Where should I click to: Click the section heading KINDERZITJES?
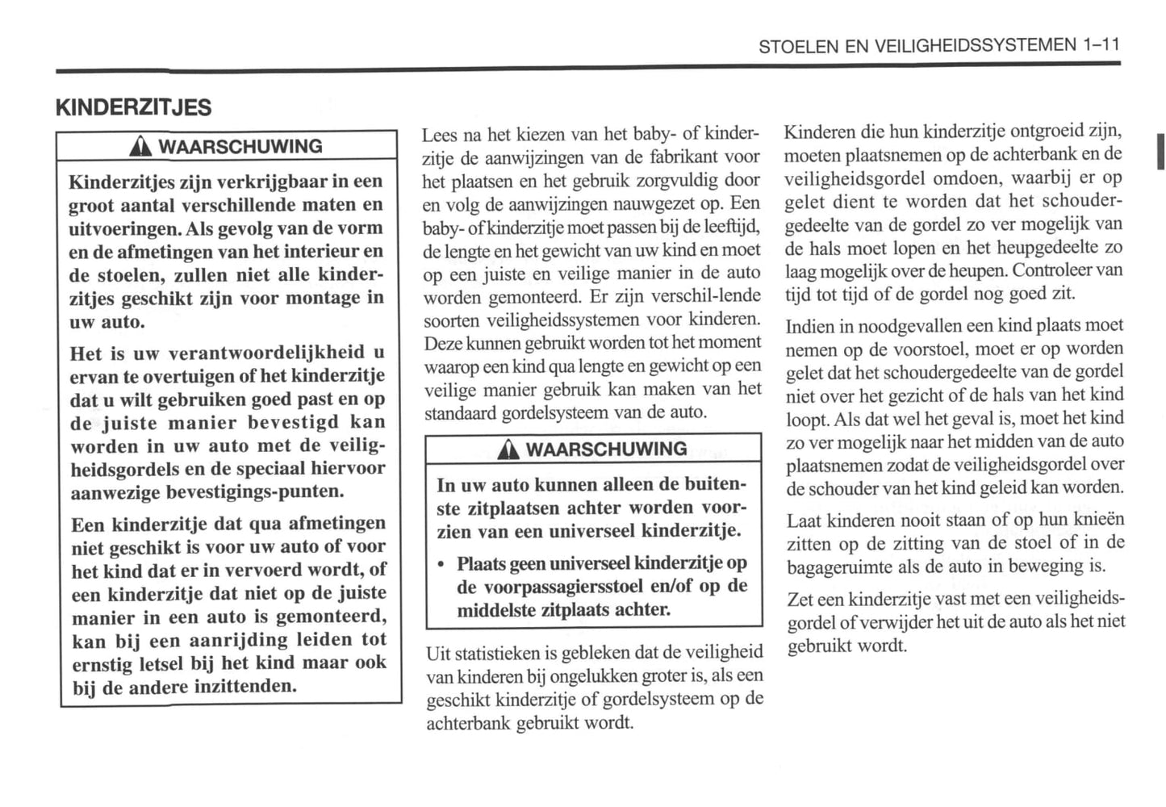pyautogui.click(x=133, y=107)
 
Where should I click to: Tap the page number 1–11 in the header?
pyautogui.click(x=1101, y=45)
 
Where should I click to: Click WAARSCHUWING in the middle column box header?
pyautogui.click(x=606, y=449)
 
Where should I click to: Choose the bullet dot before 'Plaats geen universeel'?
pyautogui.click(x=441, y=564)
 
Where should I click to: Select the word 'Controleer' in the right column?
pyautogui.click(x=1053, y=270)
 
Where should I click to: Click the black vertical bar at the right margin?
pyautogui.click(x=1160, y=152)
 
